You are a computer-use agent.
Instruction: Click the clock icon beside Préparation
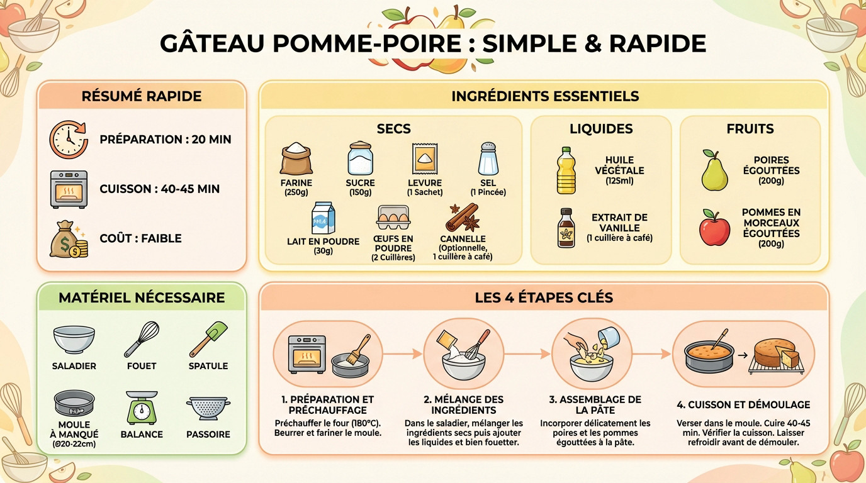[69, 139]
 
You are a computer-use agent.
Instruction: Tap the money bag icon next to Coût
[69, 239]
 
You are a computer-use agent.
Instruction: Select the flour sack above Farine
[296, 158]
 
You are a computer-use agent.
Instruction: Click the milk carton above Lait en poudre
[323, 218]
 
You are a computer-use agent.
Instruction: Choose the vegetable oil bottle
[566, 170]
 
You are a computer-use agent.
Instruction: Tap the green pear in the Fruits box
[714, 170]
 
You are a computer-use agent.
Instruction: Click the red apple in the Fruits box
[714, 228]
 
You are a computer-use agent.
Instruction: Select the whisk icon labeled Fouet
[142, 339]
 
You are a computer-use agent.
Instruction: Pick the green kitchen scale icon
[142, 408]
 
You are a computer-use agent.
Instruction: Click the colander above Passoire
[208, 408]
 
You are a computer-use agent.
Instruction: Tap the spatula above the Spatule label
[208, 339]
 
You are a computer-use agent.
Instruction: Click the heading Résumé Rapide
[142, 96]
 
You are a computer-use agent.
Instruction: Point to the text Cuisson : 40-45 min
[160, 189]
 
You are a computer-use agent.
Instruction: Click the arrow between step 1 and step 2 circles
[402, 355]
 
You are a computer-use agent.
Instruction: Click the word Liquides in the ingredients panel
[601, 129]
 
